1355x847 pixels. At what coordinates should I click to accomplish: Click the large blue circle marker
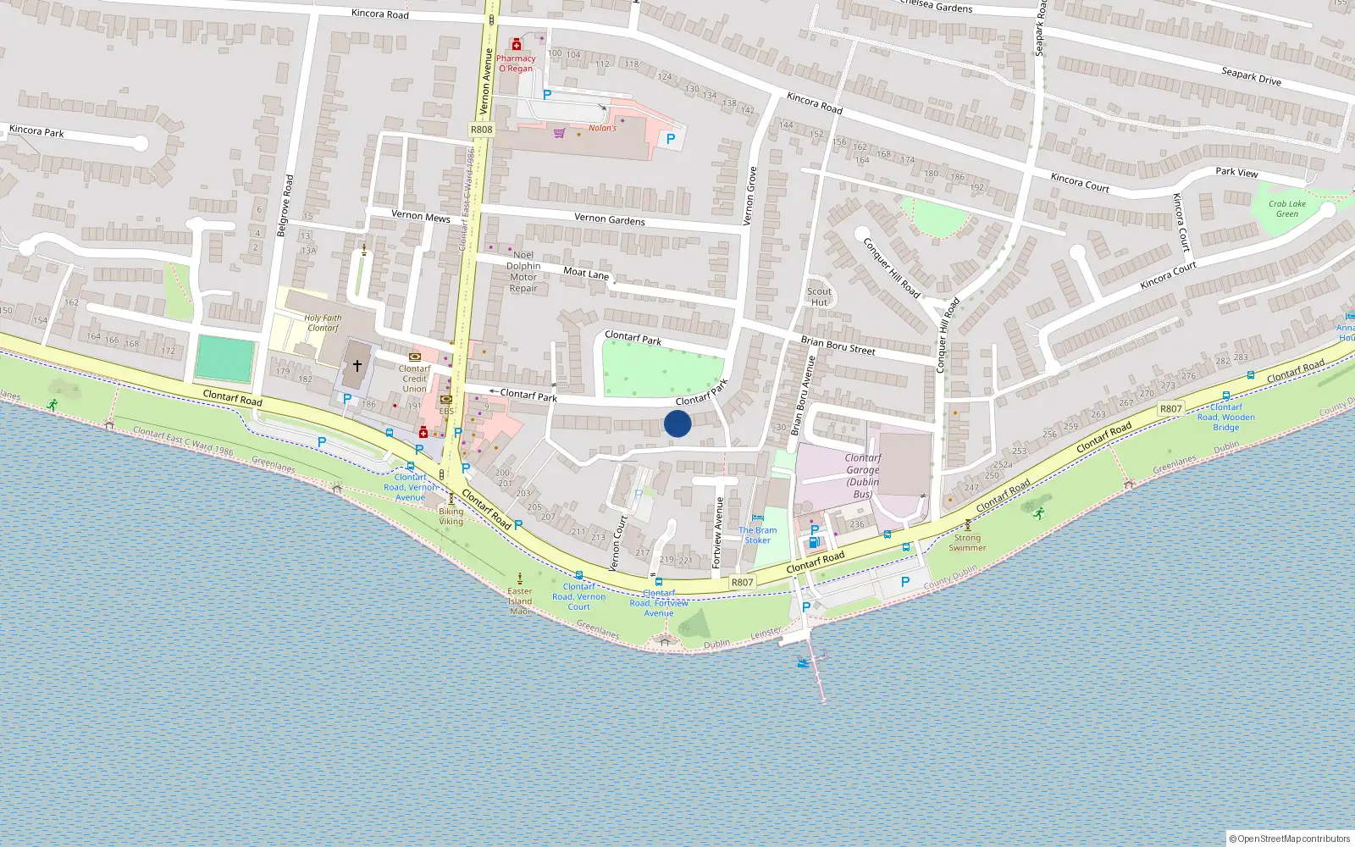pos(677,423)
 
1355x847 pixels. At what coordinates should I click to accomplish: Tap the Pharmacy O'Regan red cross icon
pos(516,45)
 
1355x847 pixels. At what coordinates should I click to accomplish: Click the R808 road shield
pos(481,130)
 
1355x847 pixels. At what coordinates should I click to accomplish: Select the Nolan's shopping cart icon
pos(559,133)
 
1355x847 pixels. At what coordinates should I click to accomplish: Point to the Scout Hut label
pos(819,296)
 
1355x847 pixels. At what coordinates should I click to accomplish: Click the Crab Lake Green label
pos(1286,208)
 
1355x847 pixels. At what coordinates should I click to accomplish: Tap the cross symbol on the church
pos(357,366)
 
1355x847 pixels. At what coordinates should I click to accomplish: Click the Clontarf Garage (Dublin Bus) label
pos(862,475)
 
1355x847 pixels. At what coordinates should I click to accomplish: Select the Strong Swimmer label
pos(967,542)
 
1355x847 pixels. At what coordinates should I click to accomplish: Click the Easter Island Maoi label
pos(520,601)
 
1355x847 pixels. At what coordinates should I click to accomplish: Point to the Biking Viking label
pos(451,516)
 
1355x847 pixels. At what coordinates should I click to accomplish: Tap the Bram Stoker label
pos(757,535)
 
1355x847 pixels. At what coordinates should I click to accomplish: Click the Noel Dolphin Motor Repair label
pos(523,271)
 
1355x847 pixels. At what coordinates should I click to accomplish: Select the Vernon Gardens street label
pos(609,219)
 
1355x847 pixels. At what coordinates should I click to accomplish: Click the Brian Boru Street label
pos(838,346)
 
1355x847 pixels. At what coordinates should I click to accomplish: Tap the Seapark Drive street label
pos(1251,76)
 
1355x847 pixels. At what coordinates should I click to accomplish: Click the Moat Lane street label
pos(586,273)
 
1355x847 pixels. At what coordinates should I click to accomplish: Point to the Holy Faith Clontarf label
pos(323,323)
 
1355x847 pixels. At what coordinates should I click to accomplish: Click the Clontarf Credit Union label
pos(414,379)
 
